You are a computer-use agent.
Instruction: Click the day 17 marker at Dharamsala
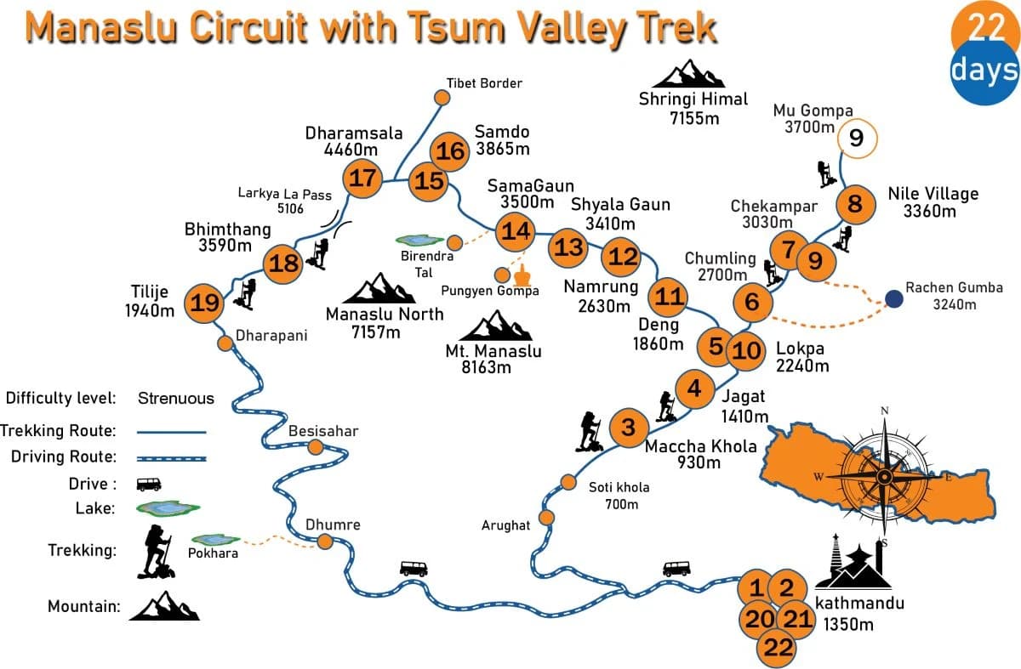pos(362,179)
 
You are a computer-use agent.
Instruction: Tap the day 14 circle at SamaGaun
pos(516,230)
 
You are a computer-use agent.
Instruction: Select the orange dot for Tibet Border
pos(442,97)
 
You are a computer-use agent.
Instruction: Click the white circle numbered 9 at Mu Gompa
pos(856,138)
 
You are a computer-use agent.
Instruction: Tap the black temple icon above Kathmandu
pos(853,562)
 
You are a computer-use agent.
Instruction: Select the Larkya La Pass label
pos(284,201)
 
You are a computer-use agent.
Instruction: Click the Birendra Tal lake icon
pos(421,241)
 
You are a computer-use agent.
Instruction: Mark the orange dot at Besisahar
pos(316,447)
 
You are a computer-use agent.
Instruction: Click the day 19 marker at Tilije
pos(206,302)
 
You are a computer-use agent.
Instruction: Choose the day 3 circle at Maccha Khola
pos(628,427)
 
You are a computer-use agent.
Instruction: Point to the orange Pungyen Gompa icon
pos(522,275)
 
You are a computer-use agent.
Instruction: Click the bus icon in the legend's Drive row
pos(148,485)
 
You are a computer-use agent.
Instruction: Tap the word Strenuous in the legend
pos(176,398)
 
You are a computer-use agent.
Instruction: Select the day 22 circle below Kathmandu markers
pos(778,648)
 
